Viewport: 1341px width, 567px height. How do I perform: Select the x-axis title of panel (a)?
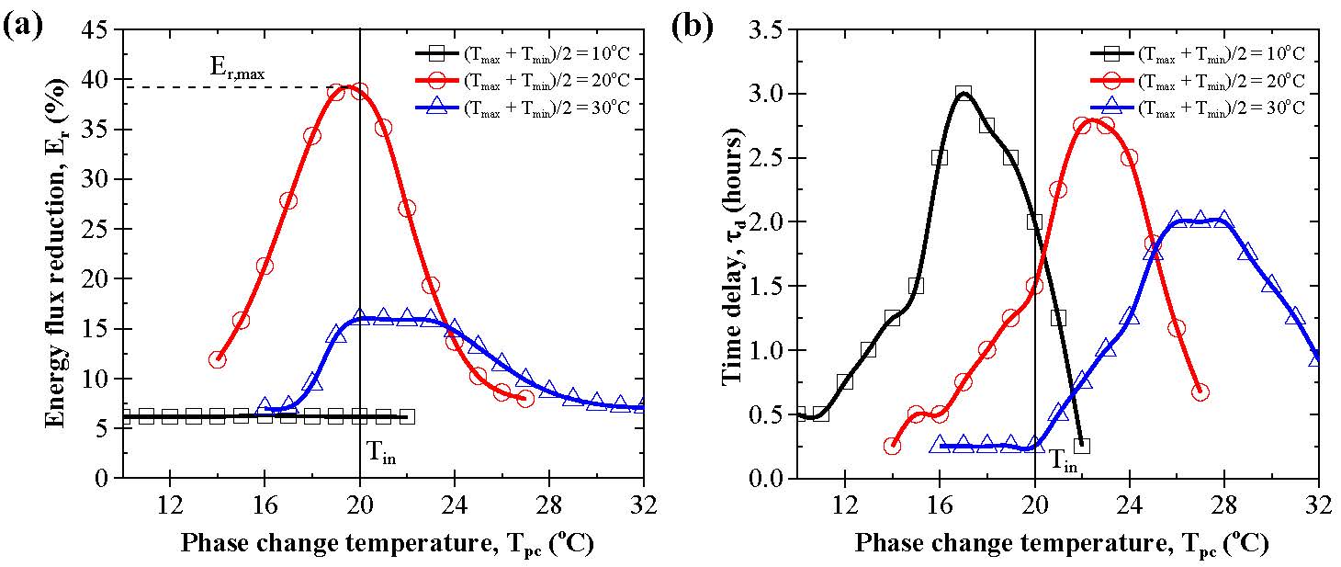(x=386, y=543)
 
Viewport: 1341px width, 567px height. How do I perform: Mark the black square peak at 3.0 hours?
(x=963, y=94)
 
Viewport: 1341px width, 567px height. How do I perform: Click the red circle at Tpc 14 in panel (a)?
(x=218, y=359)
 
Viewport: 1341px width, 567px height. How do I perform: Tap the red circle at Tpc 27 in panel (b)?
(x=1200, y=392)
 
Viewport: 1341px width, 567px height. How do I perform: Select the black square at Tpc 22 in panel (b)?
(x=1081, y=446)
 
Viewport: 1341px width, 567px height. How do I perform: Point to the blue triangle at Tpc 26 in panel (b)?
(x=1176, y=221)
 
